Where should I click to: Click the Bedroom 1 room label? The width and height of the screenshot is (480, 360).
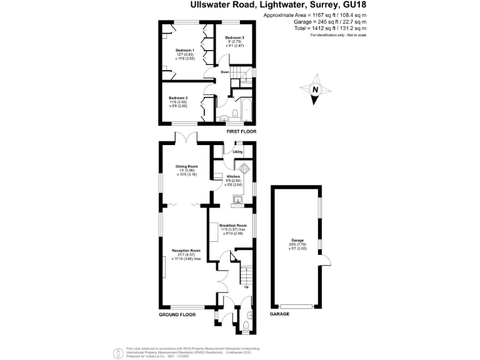click(x=184, y=50)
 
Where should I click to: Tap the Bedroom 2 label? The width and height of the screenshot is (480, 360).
click(x=178, y=97)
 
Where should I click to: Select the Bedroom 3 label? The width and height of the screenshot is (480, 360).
click(x=234, y=38)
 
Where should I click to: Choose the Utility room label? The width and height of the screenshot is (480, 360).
click(x=237, y=152)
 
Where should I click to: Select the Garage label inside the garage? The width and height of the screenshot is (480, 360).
click(x=297, y=240)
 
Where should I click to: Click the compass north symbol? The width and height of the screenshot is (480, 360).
click(x=316, y=89)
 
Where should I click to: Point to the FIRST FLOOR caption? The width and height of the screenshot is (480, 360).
click(x=241, y=131)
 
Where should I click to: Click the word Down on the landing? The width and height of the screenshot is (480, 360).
click(x=224, y=72)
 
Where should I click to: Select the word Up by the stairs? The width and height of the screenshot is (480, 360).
click(x=246, y=287)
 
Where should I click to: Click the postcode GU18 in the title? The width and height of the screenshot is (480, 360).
click(x=354, y=6)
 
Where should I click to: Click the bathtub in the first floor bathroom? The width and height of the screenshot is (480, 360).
click(x=247, y=110)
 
